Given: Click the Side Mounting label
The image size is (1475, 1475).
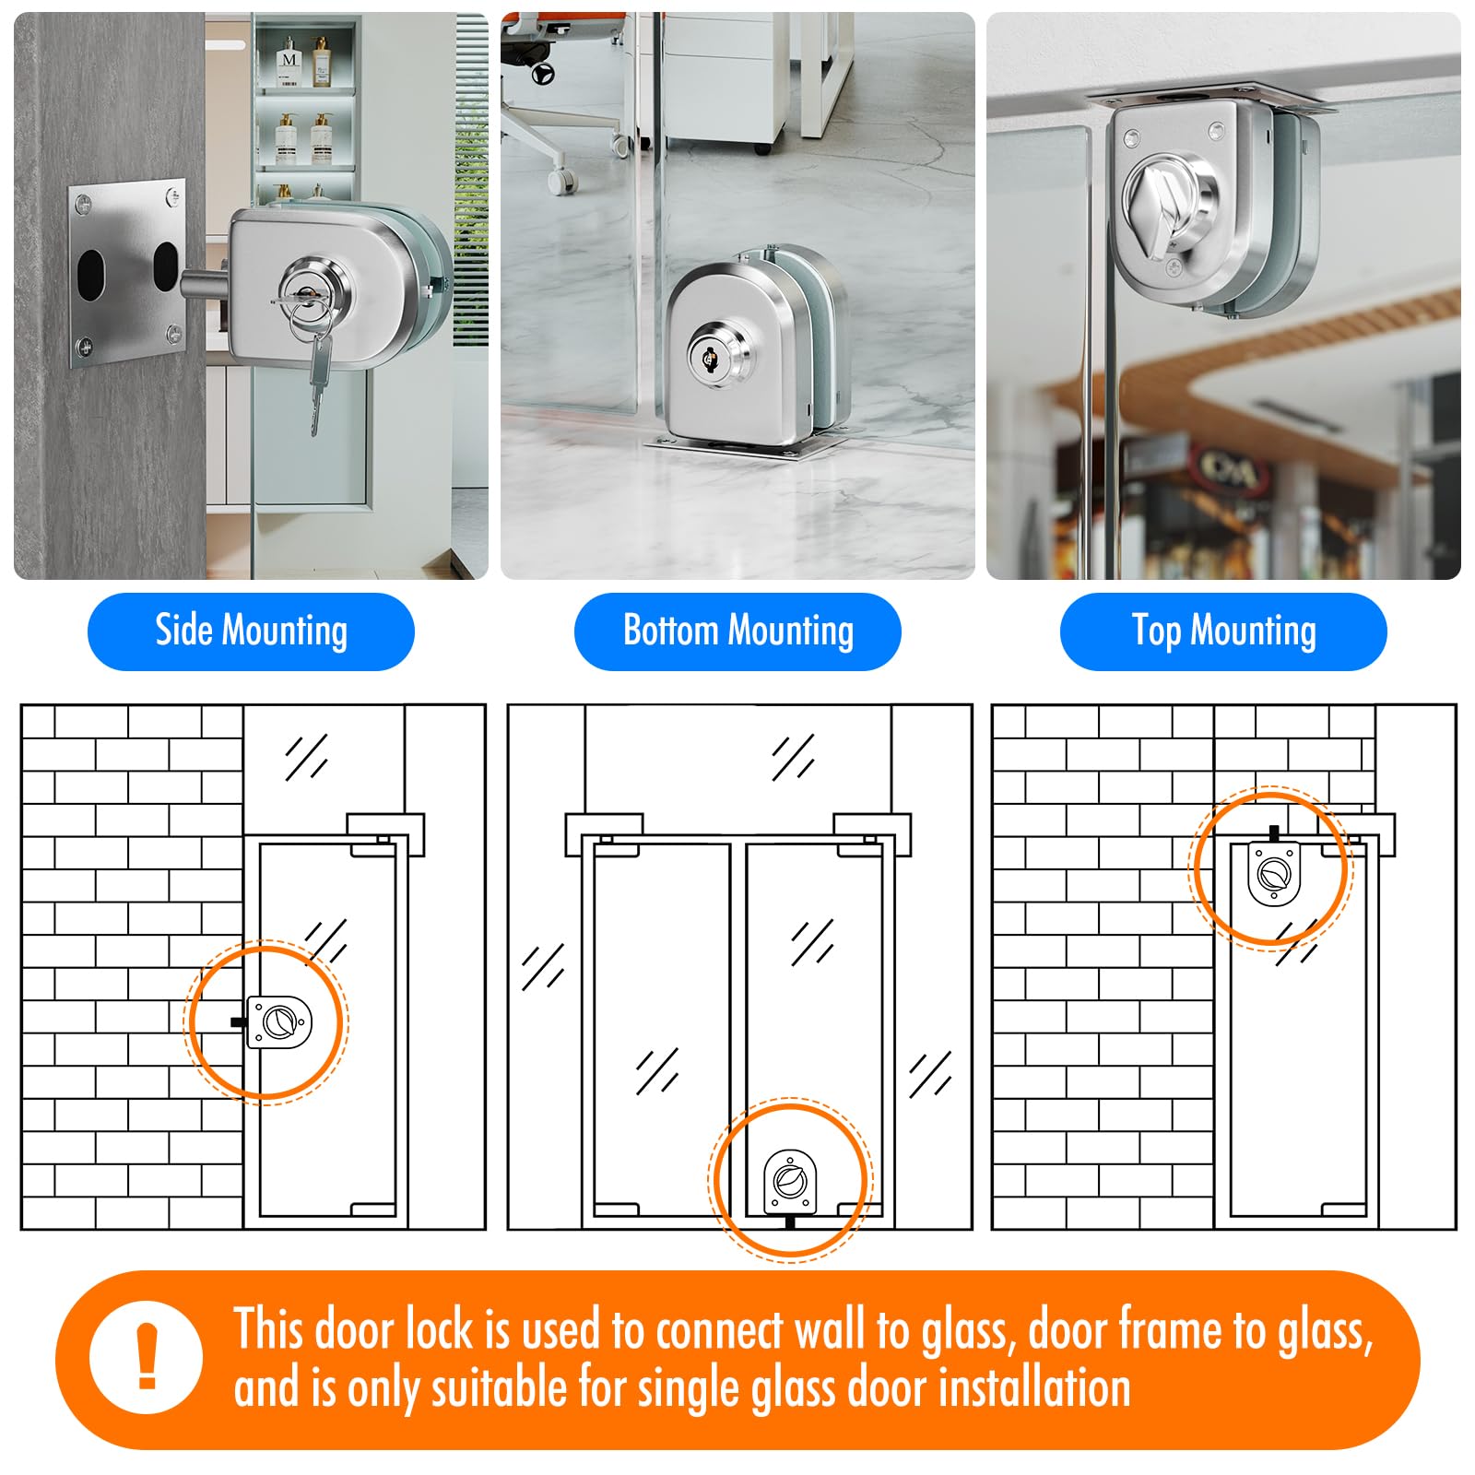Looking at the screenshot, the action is coord(251,631).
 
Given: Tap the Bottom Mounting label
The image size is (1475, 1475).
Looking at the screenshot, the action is coord(737,631).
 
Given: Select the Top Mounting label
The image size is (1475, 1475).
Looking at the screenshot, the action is coord(1223,631).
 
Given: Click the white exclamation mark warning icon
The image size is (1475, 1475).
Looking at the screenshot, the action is coord(146,1357).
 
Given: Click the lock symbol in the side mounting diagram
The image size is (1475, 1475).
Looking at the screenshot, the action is coord(279,1021).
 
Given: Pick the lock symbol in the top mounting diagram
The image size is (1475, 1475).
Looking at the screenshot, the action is coord(1274,872).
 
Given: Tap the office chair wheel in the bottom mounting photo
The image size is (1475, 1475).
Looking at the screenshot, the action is coord(560,182).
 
